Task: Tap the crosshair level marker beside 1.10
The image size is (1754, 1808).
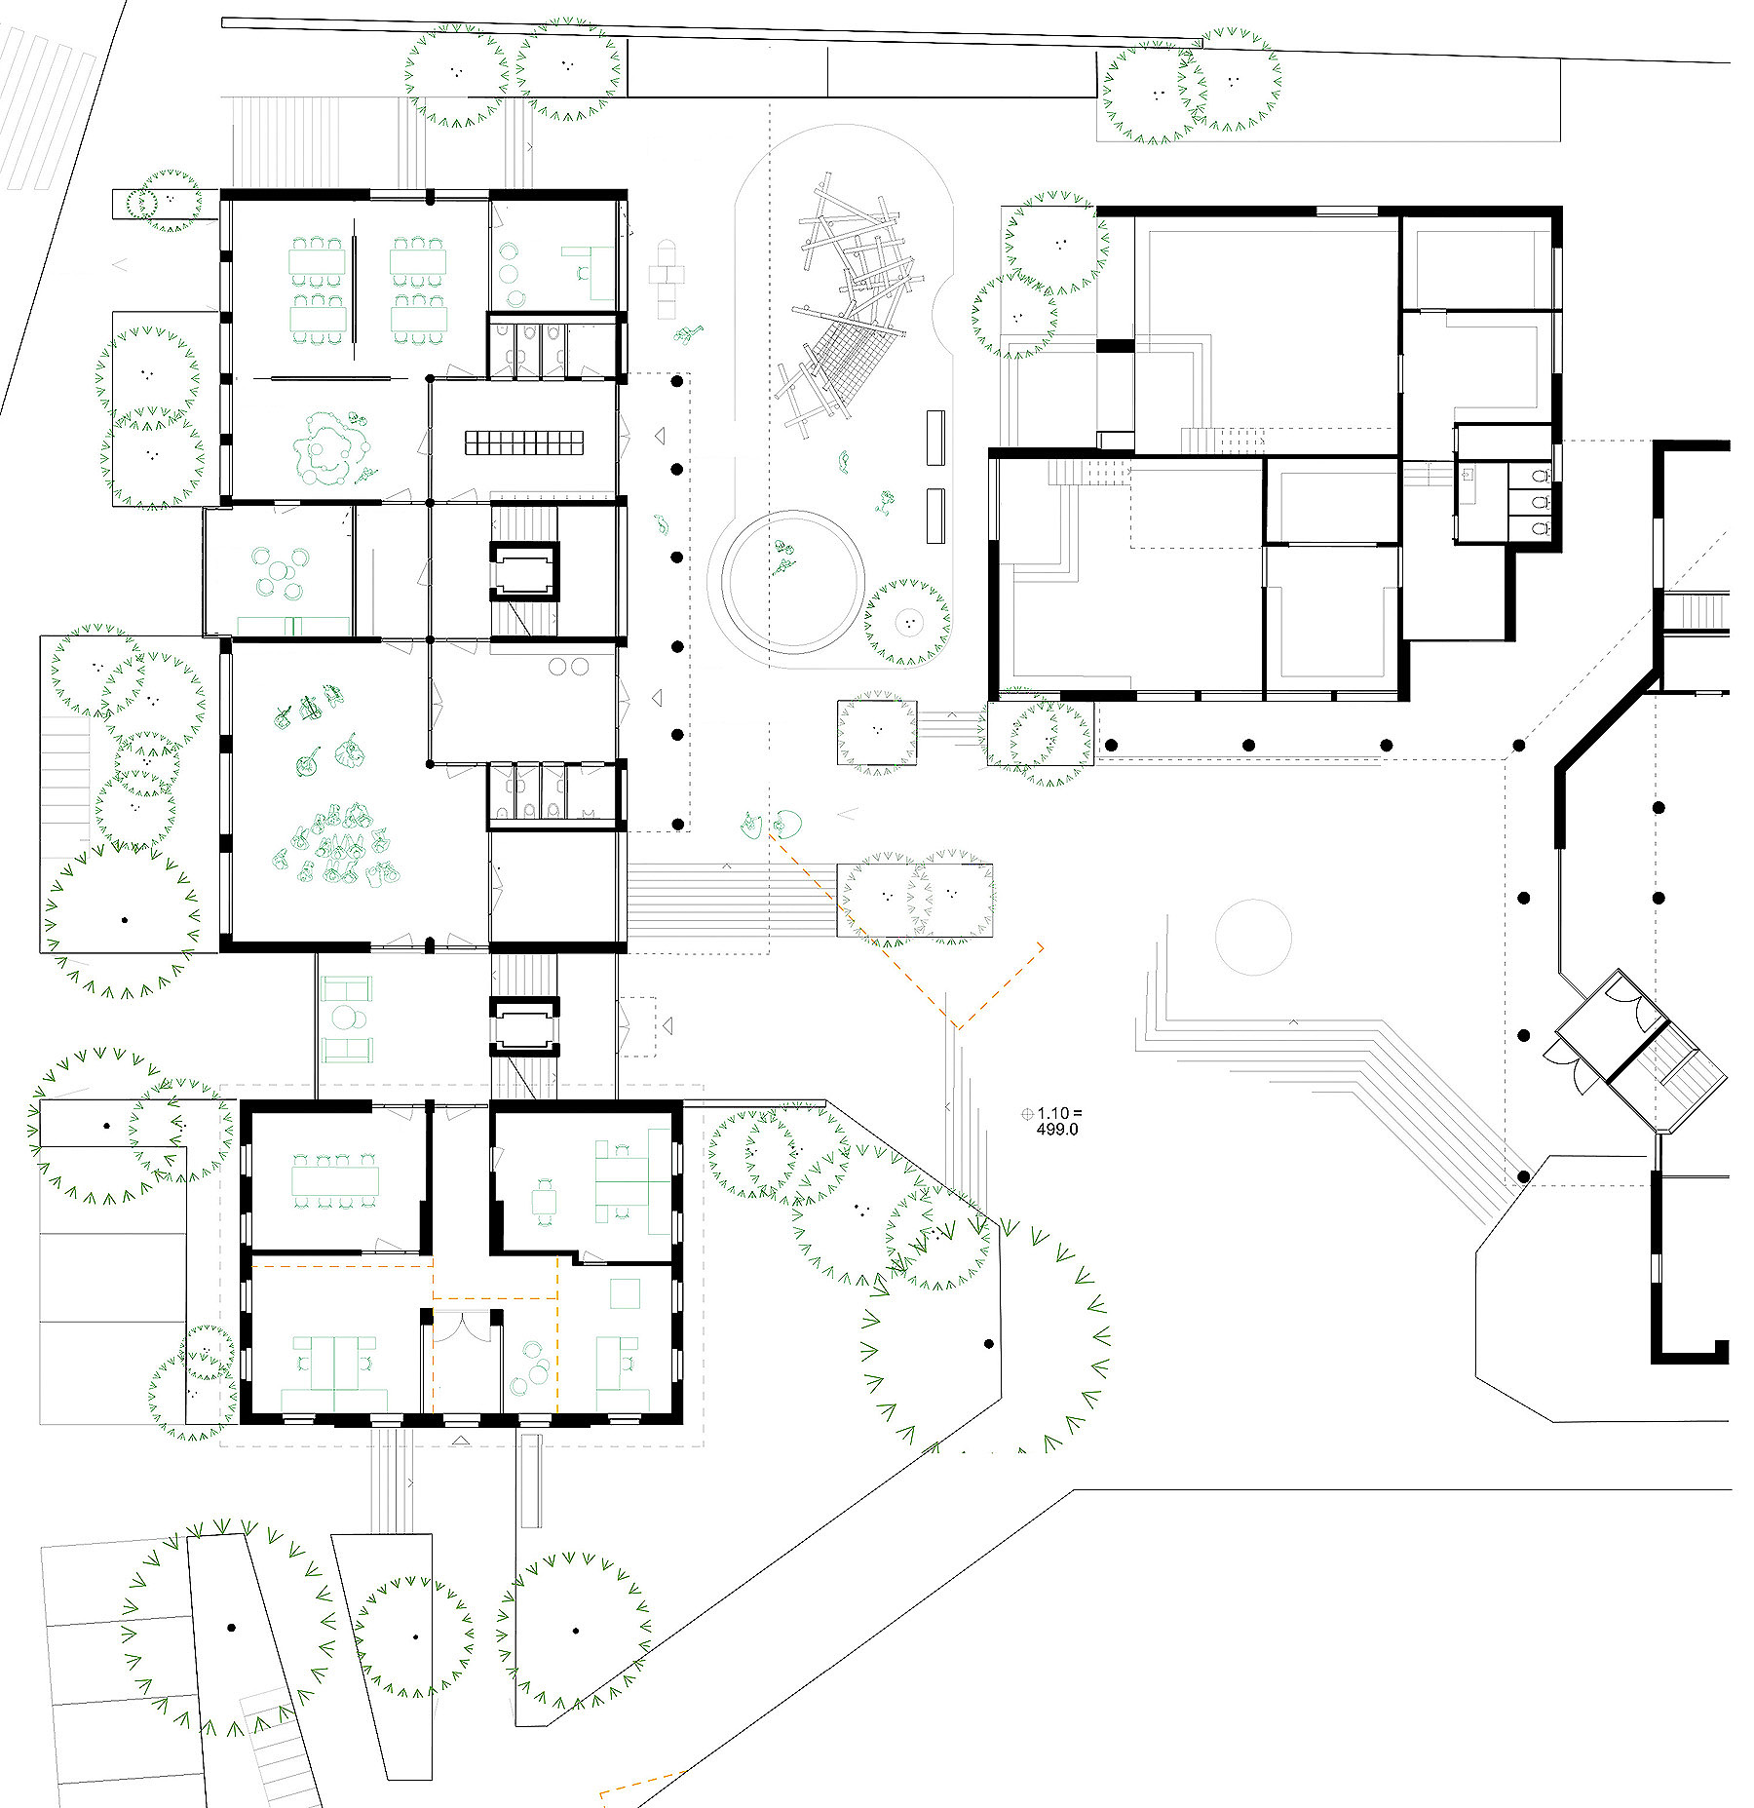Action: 1027,1113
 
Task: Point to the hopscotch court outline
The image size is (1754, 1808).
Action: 668,279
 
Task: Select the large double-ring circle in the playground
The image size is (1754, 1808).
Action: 785,582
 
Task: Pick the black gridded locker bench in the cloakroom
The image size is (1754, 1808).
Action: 523,442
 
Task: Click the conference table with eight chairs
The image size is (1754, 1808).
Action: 335,1181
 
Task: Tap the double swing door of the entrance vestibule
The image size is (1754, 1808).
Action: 463,1325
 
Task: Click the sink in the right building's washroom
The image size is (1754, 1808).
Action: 1468,475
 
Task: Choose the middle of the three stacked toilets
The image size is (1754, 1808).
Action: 1539,503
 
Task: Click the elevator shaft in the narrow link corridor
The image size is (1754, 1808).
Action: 524,1026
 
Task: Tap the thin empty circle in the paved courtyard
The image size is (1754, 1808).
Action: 1253,938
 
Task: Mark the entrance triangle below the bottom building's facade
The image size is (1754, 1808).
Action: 461,1439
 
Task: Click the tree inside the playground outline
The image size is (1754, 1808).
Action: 908,622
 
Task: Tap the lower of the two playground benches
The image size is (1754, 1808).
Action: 935,516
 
